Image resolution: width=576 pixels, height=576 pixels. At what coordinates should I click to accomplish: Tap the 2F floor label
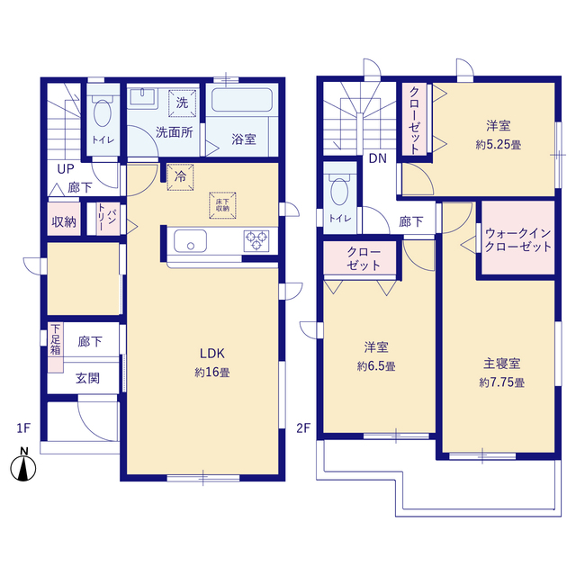click(x=304, y=428)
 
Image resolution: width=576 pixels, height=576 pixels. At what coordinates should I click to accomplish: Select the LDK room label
click(x=211, y=354)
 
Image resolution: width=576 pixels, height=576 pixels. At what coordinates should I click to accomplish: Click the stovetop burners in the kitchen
click(x=256, y=241)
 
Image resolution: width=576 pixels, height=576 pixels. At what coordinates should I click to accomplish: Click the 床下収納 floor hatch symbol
click(x=221, y=202)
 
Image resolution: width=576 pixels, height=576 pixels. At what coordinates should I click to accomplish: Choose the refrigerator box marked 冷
click(x=180, y=176)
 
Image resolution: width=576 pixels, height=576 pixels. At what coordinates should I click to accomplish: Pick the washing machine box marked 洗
click(x=182, y=103)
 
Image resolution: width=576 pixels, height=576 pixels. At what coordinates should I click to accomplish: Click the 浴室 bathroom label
click(x=243, y=139)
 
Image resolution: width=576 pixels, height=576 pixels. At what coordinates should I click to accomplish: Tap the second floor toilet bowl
click(x=339, y=191)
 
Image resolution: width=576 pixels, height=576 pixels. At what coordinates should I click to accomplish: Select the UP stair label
click(x=66, y=168)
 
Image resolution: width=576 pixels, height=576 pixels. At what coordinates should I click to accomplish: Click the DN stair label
click(x=377, y=161)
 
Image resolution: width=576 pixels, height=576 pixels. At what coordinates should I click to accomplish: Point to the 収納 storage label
click(x=63, y=220)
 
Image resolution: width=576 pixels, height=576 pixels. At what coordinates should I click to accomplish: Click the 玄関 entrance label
click(x=87, y=378)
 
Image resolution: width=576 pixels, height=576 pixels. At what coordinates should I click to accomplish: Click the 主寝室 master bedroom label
click(x=501, y=364)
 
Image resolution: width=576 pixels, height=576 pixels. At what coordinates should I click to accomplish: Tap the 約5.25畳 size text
click(x=499, y=143)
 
